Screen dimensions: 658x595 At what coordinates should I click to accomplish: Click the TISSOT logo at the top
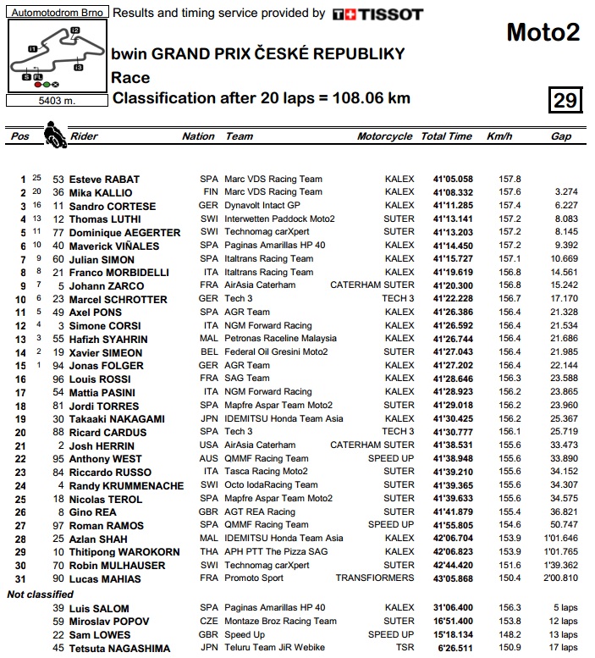pyautogui.click(x=377, y=14)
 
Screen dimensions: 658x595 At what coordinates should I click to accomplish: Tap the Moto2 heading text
pyautogui.click(x=543, y=32)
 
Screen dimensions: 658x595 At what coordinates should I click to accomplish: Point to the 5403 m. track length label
pyautogui.click(x=55, y=100)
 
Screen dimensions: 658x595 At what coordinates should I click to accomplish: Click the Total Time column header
pyautogui.click(x=446, y=136)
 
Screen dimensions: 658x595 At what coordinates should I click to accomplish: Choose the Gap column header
pyautogui.click(x=560, y=136)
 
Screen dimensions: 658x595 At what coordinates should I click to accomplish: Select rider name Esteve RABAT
pyautogui.click(x=103, y=180)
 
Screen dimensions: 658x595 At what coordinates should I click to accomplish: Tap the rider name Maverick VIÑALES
pyautogui.click(x=110, y=246)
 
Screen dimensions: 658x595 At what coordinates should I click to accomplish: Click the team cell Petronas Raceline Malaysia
pyautogui.click(x=279, y=339)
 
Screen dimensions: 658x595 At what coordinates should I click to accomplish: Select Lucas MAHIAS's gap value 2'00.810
pyautogui.click(x=561, y=578)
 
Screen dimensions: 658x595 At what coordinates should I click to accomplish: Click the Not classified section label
pyautogui.click(x=41, y=594)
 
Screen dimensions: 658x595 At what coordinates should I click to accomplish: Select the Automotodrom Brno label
pyautogui.click(x=55, y=14)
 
